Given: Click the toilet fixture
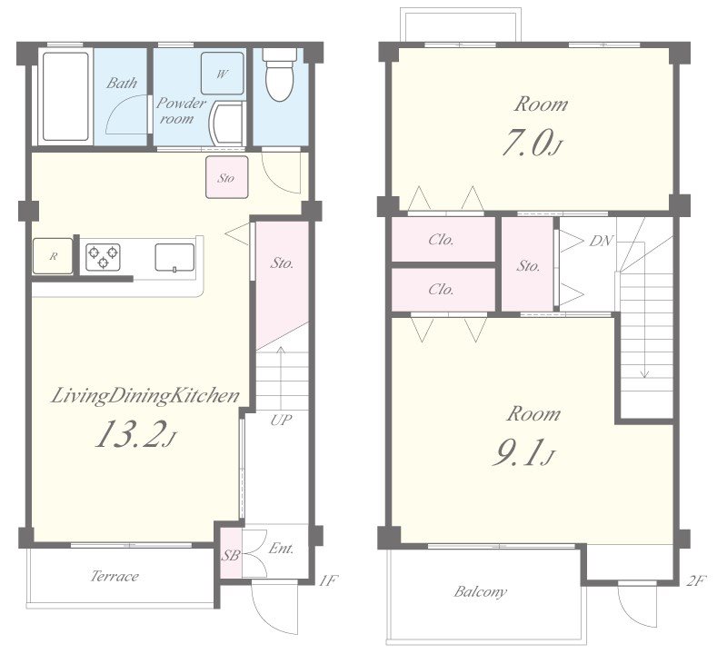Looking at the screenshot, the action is pos(279,74).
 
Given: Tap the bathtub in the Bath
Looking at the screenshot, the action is pos(65,96).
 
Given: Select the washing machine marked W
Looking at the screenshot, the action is pos(222,74).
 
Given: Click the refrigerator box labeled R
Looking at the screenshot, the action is pos(53,256).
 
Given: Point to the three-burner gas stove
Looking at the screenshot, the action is pos(103,257).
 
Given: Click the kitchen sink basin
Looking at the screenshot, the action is pos(174,257).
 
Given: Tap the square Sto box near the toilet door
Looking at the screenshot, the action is pos(226,177).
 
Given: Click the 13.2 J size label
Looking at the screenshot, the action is pos(135,434).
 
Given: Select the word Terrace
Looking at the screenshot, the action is pos(115,576).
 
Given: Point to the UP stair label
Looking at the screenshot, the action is pos(281,420).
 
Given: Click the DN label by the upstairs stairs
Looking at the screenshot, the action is pos(601,241).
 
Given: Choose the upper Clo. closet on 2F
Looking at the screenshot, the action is pos(443,239).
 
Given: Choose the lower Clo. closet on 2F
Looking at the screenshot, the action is pos(443,290).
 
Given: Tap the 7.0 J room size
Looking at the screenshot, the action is pos(532,143).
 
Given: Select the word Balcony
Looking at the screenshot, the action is pos(481,591).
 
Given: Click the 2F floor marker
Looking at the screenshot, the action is pos(696,580).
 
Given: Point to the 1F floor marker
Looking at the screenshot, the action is pos(328,580).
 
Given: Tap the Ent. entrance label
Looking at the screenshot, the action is pos(282,549).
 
